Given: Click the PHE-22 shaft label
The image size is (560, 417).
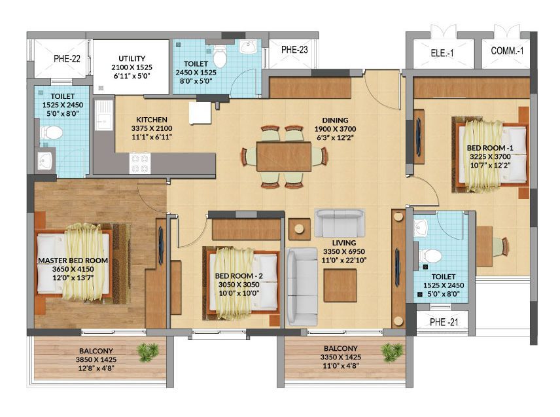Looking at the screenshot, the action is point(67,59).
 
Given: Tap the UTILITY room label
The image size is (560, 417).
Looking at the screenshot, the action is point(131,58).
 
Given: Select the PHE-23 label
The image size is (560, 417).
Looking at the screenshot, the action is point(294,50).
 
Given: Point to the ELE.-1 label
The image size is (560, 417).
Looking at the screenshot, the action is point(442,53).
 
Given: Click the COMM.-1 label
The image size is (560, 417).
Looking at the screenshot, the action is point(507,51).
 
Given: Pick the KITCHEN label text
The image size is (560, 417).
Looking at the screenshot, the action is point(151,120).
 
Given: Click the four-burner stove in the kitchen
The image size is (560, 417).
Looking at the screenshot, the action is point(140,163).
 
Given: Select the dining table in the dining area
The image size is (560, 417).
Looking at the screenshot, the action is point(284,156).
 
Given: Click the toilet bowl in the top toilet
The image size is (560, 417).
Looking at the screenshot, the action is point(220,57).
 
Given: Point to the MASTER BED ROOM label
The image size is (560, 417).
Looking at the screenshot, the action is point(73,261).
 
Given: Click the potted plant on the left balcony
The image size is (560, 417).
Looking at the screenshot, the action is point(149,352).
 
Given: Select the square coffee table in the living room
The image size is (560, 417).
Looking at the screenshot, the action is point(340,285).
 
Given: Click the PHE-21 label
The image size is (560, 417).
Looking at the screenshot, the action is point(444,322).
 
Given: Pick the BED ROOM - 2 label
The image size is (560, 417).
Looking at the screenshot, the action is point(239,276).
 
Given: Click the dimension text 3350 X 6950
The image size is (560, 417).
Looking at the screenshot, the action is point(344,251).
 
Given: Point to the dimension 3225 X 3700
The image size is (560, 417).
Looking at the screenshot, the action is point(490,156).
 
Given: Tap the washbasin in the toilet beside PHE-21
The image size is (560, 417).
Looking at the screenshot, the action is point(421,228).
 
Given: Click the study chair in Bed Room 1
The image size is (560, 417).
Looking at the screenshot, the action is point(501,247).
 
